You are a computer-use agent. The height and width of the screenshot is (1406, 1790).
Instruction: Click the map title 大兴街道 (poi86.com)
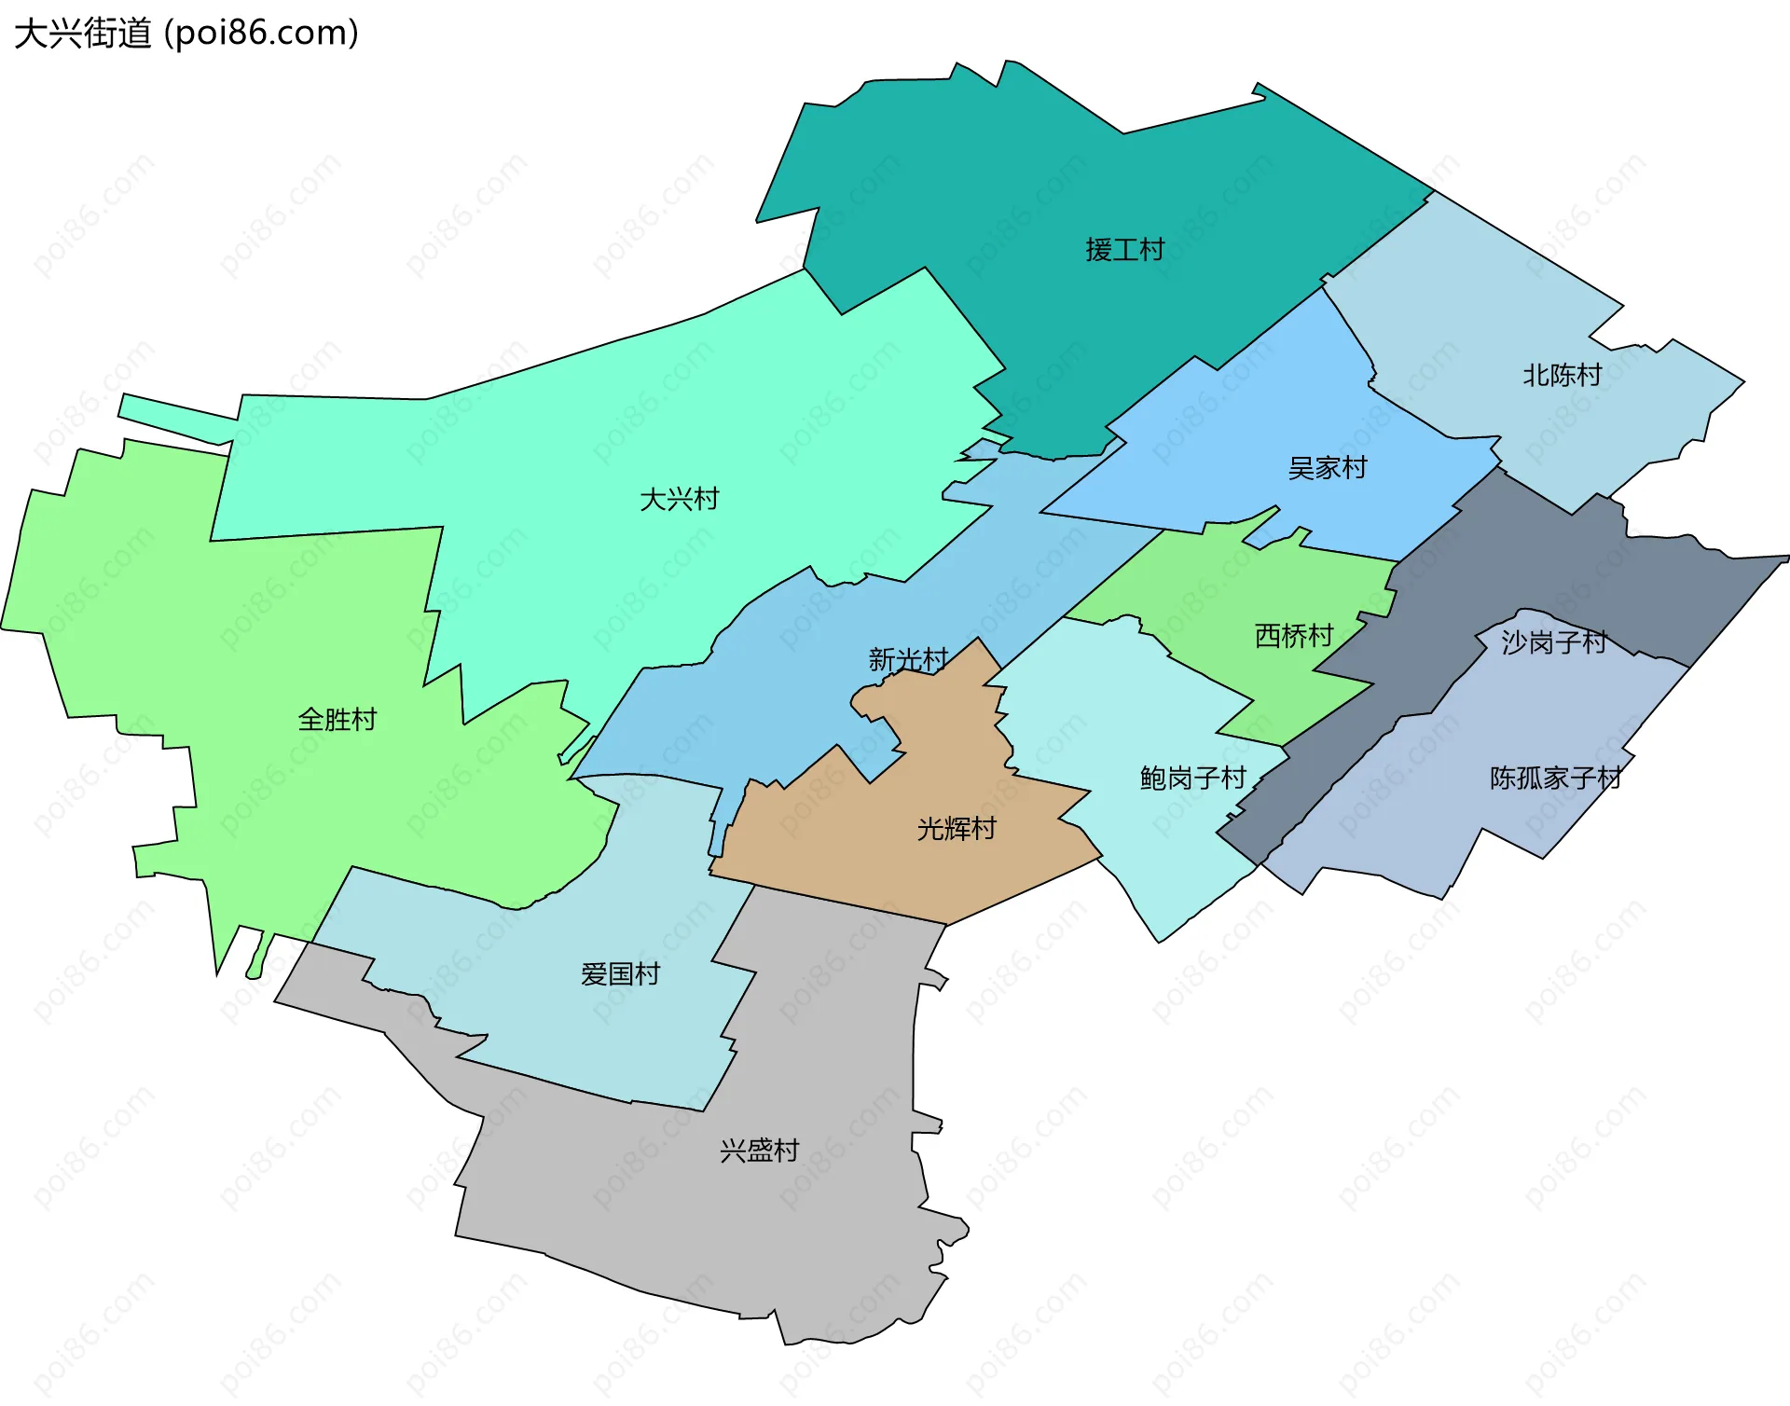(186, 34)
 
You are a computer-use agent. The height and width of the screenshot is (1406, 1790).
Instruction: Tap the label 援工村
(1124, 250)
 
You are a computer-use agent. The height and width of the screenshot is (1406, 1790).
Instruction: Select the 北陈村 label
(1562, 376)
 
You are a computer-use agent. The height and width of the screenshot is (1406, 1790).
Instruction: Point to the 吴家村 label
(1327, 468)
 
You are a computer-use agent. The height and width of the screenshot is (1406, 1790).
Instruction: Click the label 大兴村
(679, 500)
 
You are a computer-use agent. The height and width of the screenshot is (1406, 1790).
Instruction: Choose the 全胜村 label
(337, 720)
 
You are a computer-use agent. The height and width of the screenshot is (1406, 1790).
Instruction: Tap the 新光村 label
(908, 660)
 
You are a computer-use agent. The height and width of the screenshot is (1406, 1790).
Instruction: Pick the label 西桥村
(1293, 636)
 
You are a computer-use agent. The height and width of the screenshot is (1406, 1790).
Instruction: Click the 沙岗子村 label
(1553, 641)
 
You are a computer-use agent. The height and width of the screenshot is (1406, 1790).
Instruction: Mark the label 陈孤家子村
(1555, 778)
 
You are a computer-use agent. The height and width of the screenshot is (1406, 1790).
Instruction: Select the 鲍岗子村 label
(1192, 778)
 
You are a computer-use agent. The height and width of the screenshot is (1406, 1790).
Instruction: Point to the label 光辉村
(957, 828)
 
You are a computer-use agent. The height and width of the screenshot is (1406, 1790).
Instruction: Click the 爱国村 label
(620, 974)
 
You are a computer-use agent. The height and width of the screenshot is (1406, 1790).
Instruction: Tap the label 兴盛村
(759, 1151)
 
